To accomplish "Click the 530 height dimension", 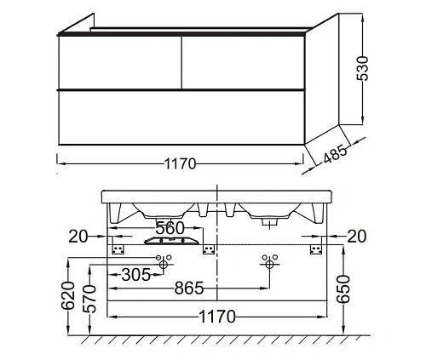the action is pyautogui.click(x=362, y=68).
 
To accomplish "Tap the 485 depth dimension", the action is pyautogui.click(x=335, y=154).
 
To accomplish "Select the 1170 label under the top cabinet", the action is pyautogui.click(x=180, y=163).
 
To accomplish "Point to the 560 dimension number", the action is pyautogui.click(x=170, y=228).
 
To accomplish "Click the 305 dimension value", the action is pyautogui.click(x=135, y=275).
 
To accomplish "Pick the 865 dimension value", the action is pyautogui.click(x=189, y=288).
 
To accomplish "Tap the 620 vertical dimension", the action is pyautogui.click(x=68, y=295).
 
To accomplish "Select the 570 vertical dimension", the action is pyautogui.click(x=89, y=299).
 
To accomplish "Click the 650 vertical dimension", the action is pyautogui.click(x=343, y=289).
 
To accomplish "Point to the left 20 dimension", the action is pyautogui.click(x=78, y=237).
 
